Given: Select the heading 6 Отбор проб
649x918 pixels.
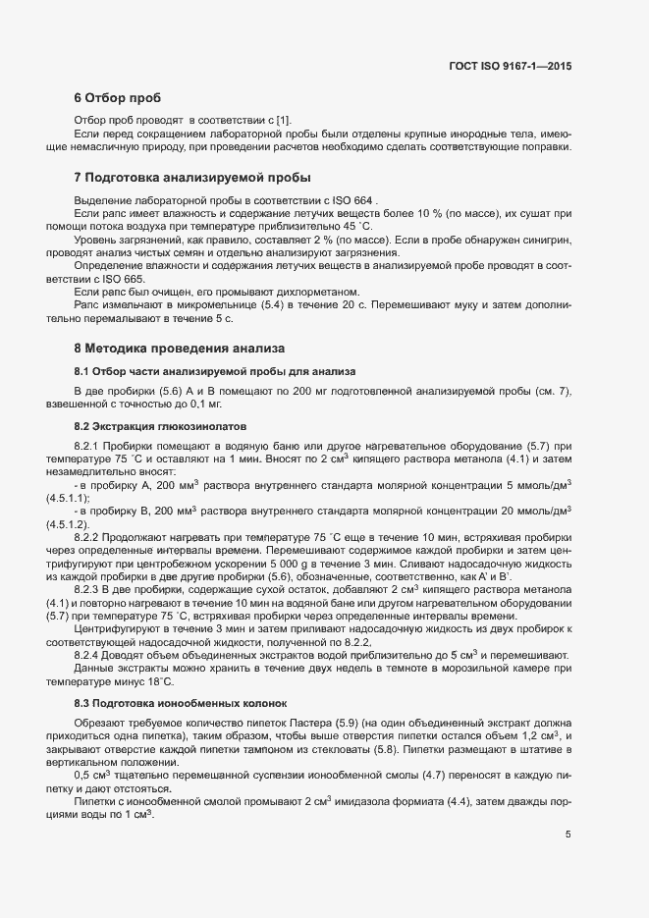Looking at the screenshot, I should tap(116, 98).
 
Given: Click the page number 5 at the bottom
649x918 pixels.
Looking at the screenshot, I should tap(568, 835).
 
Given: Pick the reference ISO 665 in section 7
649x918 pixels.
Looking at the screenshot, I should tap(108, 279).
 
